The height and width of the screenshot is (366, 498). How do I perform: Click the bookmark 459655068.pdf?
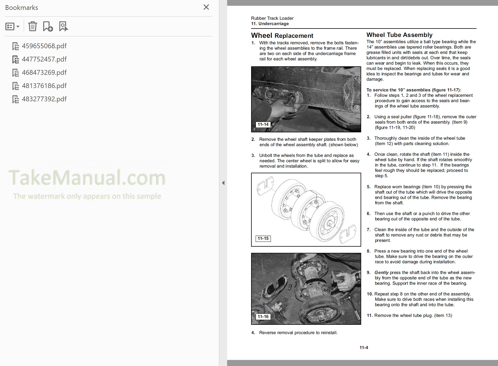click(44, 46)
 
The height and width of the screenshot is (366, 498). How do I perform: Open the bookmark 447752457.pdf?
click(44, 59)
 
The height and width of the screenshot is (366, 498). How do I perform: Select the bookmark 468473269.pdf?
click(44, 73)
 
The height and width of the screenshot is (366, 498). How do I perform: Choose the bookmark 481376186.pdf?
click(44, 86)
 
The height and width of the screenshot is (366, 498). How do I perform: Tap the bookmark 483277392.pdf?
click(44, 99)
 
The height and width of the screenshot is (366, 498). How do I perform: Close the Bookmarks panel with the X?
click(206, 7)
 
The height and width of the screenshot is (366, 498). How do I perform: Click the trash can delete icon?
click(32, 27)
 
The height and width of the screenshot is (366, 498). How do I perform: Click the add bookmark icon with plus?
click(48, 27)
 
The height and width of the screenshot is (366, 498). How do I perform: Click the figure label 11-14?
click(263, 124)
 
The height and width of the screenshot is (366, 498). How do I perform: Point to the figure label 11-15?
click(263, 238)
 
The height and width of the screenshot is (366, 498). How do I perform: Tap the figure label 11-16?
click(263, 317)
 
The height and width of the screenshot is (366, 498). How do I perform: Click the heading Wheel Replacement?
click(282, 36)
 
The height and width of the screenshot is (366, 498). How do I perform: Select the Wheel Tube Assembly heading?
click(399, 35)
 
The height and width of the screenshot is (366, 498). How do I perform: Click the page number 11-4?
click(364, 348)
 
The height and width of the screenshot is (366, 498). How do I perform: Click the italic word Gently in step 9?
click(381, 273)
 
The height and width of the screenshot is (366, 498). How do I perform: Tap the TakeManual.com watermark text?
click(87, 178)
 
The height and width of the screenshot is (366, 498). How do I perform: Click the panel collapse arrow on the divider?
click(223, 183)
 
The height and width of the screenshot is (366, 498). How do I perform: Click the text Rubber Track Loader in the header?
click(272, 18)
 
